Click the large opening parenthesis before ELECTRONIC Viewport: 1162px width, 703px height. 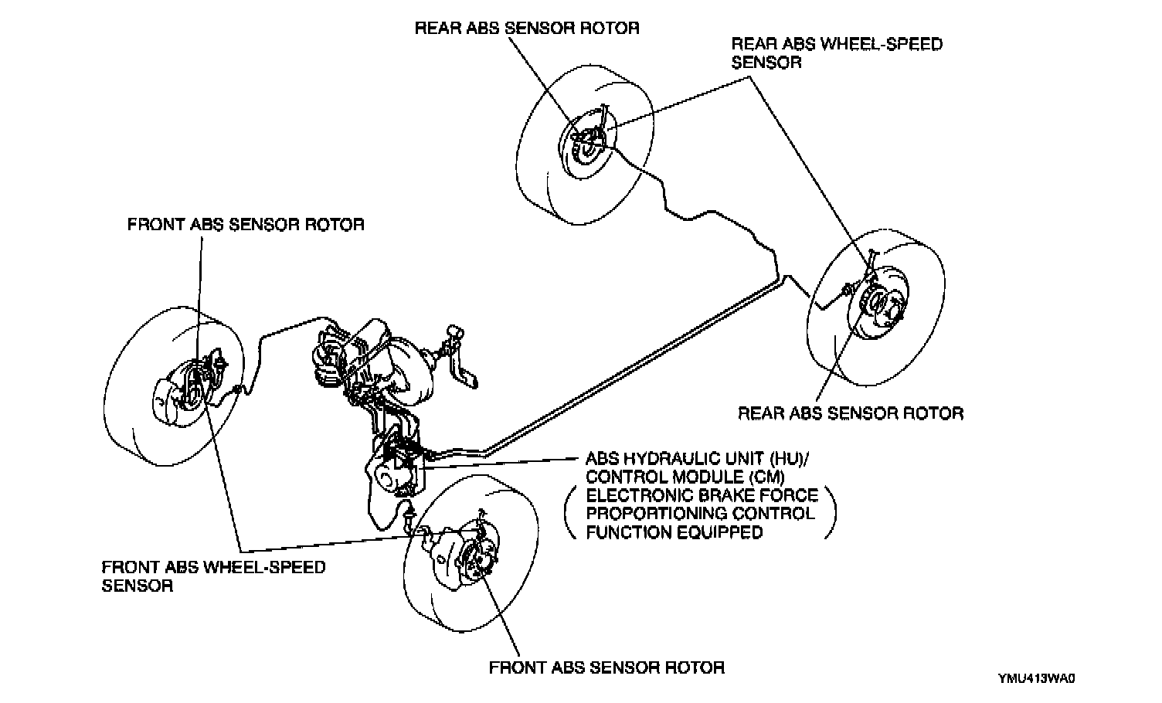point(569,513)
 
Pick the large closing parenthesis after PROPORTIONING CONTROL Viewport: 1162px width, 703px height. point(831,513)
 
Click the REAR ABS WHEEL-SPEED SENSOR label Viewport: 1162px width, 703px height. point(837,53)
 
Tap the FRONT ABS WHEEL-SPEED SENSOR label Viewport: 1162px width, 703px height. point(213,576)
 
